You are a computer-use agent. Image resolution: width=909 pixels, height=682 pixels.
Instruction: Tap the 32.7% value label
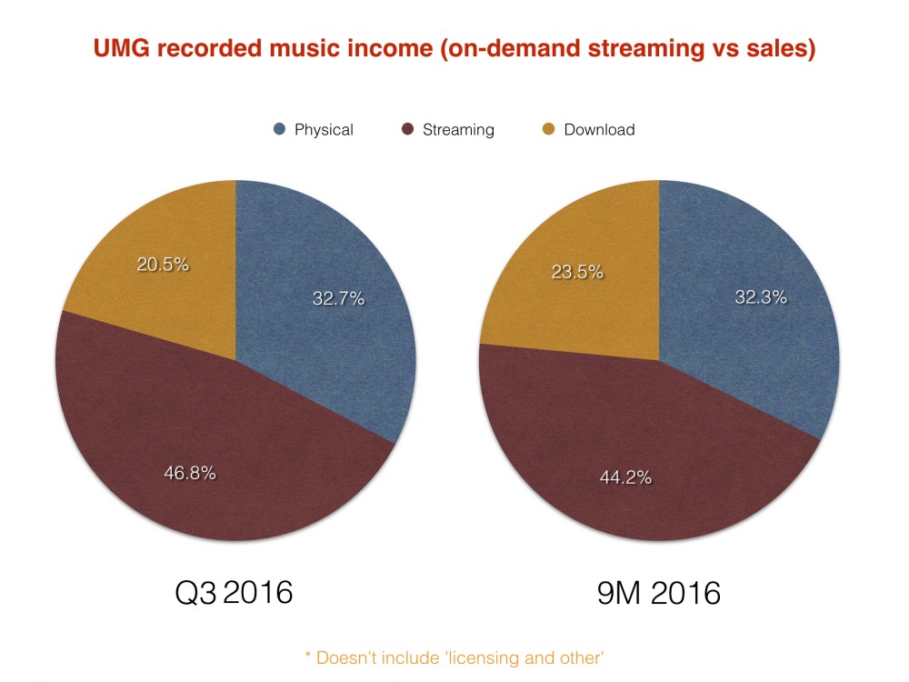click(338, 297)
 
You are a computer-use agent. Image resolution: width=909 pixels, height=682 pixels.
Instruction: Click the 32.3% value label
click(761, 296)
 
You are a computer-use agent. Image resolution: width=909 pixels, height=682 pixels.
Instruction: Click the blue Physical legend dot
click(280, 129)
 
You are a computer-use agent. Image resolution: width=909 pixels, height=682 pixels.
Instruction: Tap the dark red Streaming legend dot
click(408, 129)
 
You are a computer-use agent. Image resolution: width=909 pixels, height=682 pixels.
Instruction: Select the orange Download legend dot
click(548, 129)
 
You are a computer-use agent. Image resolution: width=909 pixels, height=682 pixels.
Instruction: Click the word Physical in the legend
click(324, 129)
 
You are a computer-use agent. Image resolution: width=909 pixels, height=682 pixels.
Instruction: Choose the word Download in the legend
click(599, 129)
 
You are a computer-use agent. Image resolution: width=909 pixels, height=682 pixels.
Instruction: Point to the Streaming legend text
click(458, 129)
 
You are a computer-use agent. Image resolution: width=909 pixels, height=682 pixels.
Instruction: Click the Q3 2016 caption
click(234, 592)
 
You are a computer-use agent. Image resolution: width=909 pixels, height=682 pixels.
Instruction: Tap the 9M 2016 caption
click(659, 593)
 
